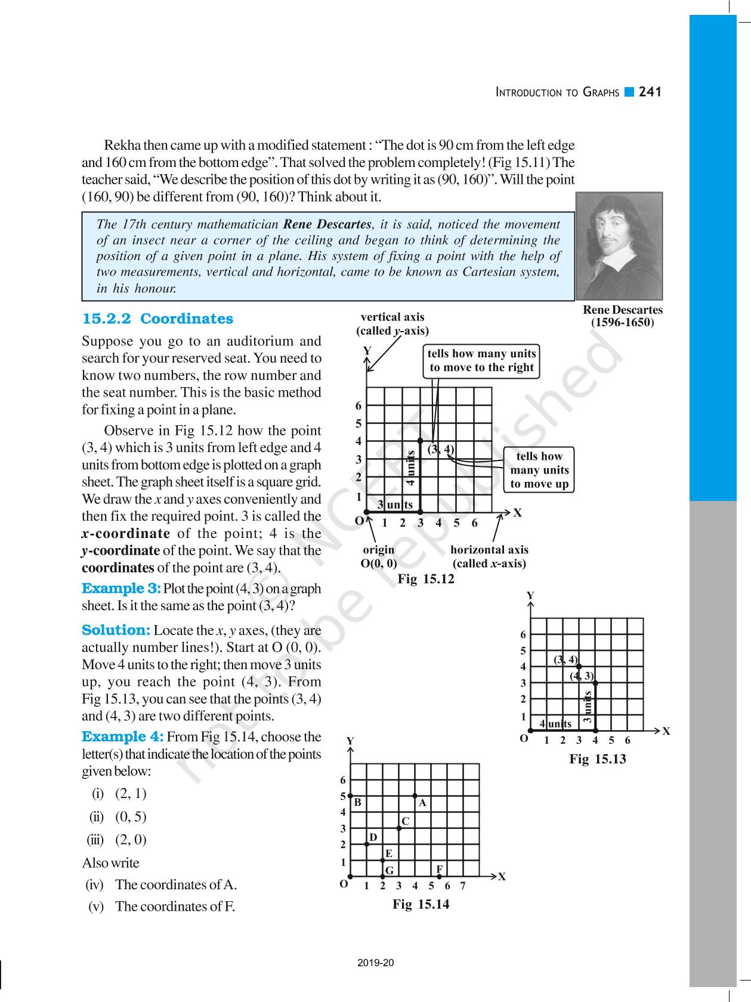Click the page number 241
pyautogui.click(x=650, y=92)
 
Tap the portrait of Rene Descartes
pyautogui.click(x=619, y=246)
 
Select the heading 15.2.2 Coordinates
pyautogui.click(x=157, y=318)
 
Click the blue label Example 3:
pyautogui.click(x=121, y=589)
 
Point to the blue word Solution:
pyautogui.click(x=116, y=630)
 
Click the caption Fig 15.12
pyautogui.click(x=426, y=579)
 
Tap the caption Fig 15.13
pyautogui.click(x=598, y=759)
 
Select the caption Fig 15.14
pyautogui.click(x=421, y=904)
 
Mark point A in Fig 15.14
pyautogui.click(x=415, y=796)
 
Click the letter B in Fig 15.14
pyautogui.click(x=358, y=803)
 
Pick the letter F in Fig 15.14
pyautogui.click(x=439, y=869)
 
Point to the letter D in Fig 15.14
pyautogui.click(x=373, y=837)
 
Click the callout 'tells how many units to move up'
pyautogui.click(x=539, y=470)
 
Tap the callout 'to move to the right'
pyautogui.click(x=481, y=360)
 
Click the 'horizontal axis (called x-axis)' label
pyautogui.click(x=489, y=556)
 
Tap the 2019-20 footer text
pyautogui.click(x=376, y=963)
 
